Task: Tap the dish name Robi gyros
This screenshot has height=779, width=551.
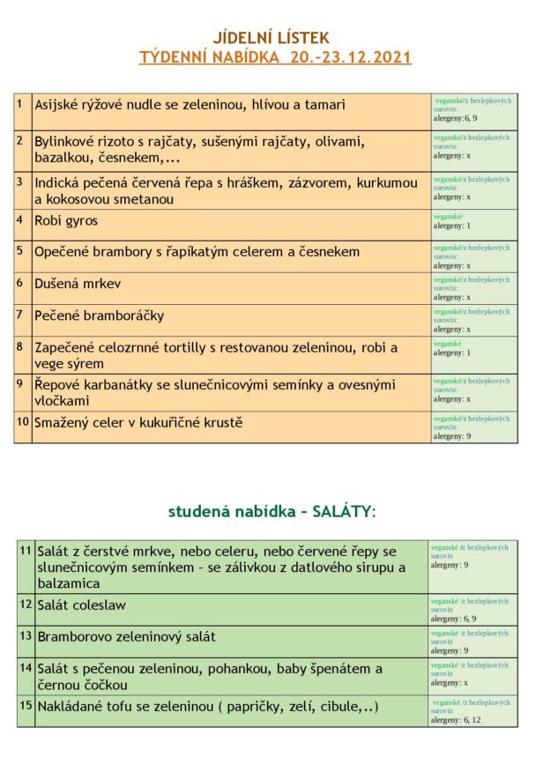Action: [66, 220]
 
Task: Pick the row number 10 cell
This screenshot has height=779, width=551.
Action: [22, 422]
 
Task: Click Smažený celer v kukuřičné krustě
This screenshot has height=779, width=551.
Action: [138, 423]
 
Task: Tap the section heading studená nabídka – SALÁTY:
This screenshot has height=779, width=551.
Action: [272, 511]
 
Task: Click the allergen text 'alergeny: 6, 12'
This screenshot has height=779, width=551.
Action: [457, 720]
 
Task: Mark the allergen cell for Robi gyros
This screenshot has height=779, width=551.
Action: [473, 220]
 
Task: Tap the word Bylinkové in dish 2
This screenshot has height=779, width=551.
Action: [68, 141]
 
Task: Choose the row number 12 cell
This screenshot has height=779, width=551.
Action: [26, 604]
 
